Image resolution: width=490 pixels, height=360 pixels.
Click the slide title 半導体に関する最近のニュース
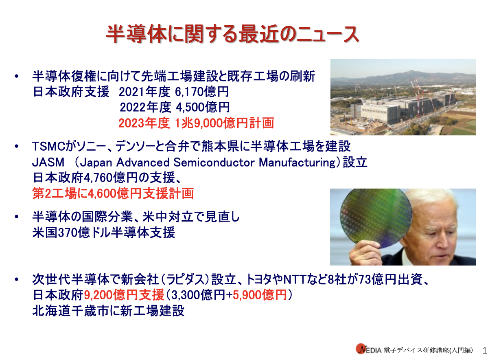(232, 34)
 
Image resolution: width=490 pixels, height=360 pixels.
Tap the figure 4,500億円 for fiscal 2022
(203, 107)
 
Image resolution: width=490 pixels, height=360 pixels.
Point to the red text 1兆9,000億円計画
(224, 123)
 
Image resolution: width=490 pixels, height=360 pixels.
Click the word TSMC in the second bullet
(48, 146)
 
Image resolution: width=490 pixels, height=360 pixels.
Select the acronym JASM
(48, 162)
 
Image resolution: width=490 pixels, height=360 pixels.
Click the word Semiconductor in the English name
(214, 162)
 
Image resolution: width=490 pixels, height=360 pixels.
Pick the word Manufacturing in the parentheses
(297, 162)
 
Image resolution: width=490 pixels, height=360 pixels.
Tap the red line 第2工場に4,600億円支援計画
(113, 193)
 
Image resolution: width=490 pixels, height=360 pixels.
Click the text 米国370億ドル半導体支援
(104, 232)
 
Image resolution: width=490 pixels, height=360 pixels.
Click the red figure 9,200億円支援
(124, 295)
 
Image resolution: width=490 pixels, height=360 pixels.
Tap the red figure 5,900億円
(260, 295)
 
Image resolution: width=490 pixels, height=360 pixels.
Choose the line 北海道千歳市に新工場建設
(108, 311)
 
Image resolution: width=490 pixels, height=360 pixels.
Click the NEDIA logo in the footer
(369, 350)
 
